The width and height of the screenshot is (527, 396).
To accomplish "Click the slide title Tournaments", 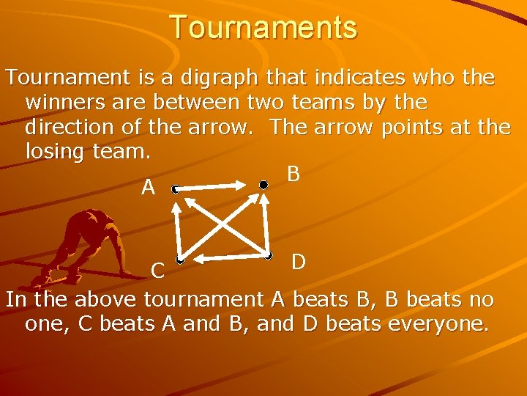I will pyautogui.click(x=263, y=27).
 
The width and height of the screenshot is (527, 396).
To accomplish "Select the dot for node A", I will pyautogui.click(x=175, y=189).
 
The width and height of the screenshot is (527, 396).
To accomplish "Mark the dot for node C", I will pyautogui.click(x=179, y=260).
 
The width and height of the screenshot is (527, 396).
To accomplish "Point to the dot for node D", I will pyautogui.click(x=269, y=256).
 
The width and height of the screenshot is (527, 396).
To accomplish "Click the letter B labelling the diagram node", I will pyautogui.click(x=294, y=175).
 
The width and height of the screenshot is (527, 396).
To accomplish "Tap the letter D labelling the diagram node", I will pyautogui.click(x=298, y=262).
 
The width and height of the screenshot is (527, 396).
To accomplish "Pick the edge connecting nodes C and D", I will pyautogui.click(x=224, y=258).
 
